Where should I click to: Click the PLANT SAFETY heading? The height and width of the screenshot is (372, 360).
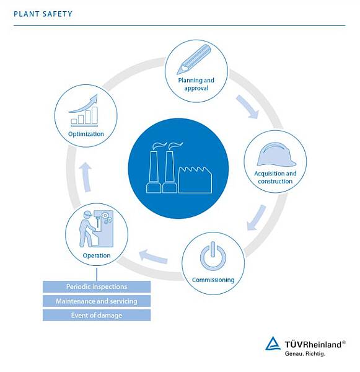click(x=43, y=14)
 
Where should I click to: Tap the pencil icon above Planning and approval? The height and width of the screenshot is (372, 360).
click(x=194, y=60)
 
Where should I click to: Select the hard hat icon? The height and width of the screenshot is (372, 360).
click(x=276, y=154)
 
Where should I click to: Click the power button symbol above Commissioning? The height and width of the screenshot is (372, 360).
click(x=213, y=256)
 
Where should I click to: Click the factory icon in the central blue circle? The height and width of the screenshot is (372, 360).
click(x=179, y=168)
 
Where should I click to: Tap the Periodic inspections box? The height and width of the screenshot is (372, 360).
click(x=97, y=286)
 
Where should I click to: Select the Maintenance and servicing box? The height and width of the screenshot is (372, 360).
click(x=97, y=301)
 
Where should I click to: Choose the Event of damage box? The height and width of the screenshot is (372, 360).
click(x=97, y=316)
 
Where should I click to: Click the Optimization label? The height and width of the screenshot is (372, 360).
click(x=86, y=134)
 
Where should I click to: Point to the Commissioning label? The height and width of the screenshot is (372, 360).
click(x=213, y=280)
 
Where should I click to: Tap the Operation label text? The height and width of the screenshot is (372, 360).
click(x=97, y=255)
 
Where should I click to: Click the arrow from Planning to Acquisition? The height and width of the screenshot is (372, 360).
click(x=248, y=107)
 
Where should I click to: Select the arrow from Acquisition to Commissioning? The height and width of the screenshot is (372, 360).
click(x=256, y=218)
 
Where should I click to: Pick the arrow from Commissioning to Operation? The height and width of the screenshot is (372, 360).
click(x=153, y=257)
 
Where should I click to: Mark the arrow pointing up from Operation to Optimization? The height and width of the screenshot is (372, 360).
click(x=86, y=177)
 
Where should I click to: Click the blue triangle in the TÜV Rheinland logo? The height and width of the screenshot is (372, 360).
click(x=273, y=343)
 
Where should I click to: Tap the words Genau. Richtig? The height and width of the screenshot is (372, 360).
click(x=305, y=354)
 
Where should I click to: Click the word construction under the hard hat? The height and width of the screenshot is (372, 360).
click(x=275, y=181)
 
